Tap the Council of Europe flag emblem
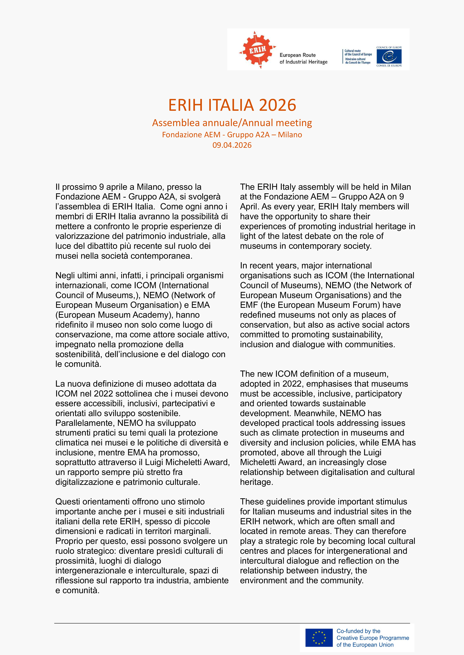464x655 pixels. (389, 56)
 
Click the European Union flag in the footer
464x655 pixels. (319, 638)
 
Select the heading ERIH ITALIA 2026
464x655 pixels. (232, 105)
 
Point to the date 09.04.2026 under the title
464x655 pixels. (232, 145)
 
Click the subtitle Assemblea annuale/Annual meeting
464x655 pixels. (232, 123)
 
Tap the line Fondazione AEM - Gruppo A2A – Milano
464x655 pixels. (232, 135)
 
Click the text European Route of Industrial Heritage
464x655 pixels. (303, 58)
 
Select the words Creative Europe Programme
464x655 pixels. (373, 638)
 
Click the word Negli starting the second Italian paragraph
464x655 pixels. (65, 276)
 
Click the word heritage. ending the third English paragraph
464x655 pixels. (257, 482)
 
